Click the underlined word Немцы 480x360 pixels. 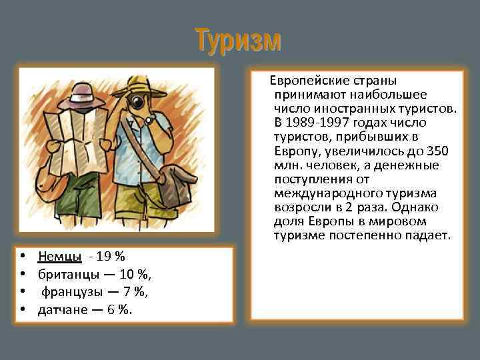(60, 256)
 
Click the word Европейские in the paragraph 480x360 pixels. (304, 81)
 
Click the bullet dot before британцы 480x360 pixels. (23, 273)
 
